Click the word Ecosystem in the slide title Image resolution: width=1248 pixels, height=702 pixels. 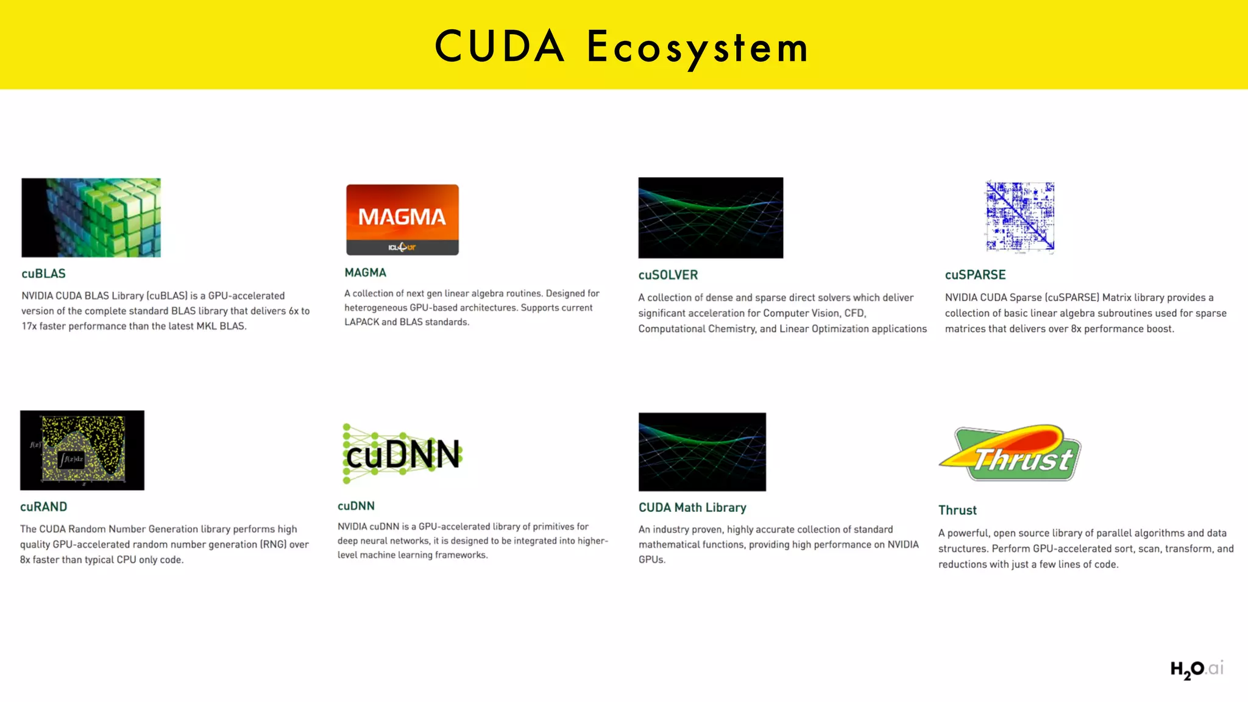click(697, 48)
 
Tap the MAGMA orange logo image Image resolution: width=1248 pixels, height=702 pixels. click(402, 219)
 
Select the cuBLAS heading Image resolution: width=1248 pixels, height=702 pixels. click(43, 274)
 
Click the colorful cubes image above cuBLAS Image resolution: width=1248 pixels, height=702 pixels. click(91, 218)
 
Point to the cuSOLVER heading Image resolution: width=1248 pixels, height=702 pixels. click(668, 275)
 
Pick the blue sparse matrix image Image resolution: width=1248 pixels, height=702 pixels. click(1020, 217)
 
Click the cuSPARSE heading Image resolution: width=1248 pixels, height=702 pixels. click(975, 275)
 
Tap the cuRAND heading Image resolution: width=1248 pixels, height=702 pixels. click(43, 506)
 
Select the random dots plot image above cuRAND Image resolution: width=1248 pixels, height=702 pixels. click(82, 450)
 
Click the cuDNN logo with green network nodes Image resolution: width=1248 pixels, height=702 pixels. click(402, 454)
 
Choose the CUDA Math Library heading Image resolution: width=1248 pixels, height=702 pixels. click(692, 508)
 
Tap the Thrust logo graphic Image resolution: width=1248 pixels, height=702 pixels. click(1010, 453)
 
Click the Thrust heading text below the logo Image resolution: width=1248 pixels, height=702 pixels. click(957, 510)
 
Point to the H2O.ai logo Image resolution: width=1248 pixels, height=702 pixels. click(1197, 669)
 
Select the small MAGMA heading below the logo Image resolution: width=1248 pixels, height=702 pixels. click(365, 272)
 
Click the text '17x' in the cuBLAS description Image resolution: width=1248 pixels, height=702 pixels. click(29, 326)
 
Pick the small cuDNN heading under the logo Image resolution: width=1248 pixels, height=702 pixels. click(356, 506)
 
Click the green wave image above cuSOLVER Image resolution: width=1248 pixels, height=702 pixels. click(711, 218)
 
